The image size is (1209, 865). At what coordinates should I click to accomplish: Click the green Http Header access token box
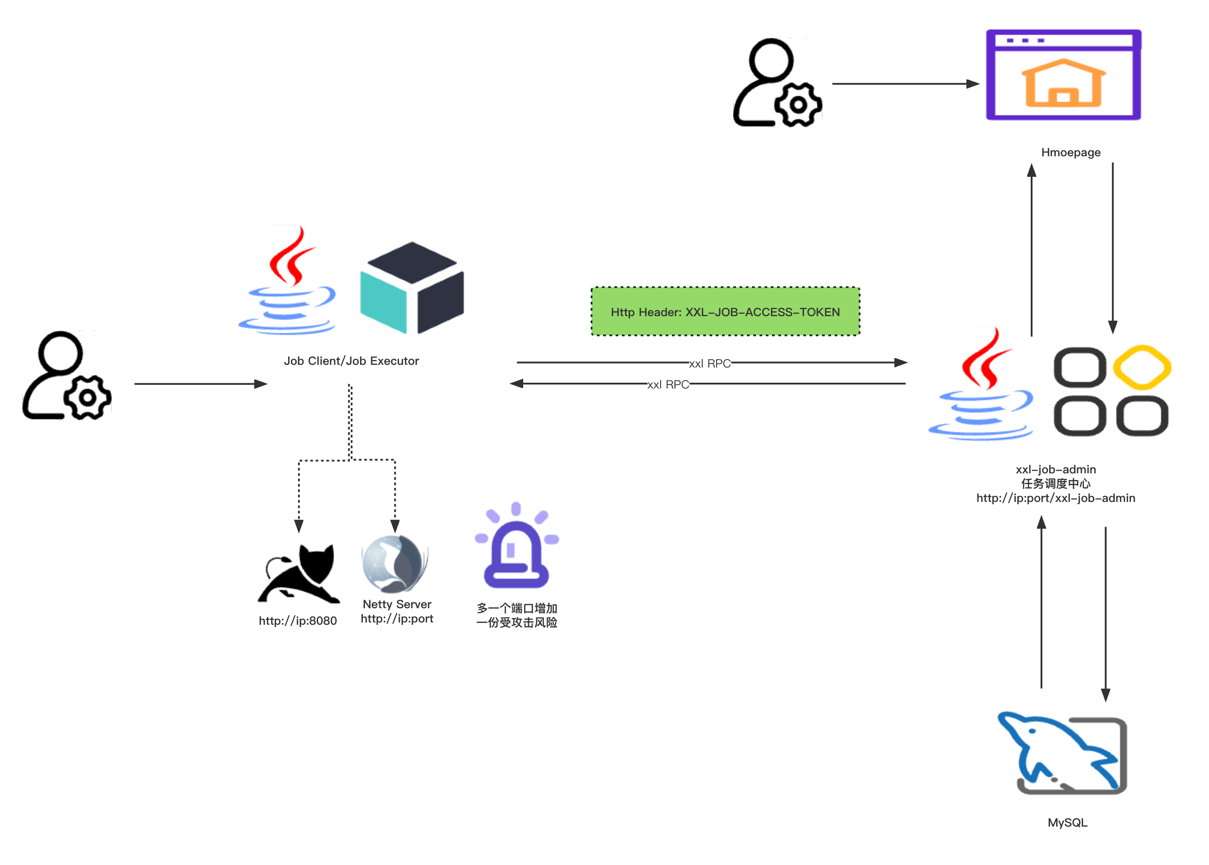[x=725, y=312]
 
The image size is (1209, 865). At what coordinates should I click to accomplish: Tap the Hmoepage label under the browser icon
[x=1070, y=152]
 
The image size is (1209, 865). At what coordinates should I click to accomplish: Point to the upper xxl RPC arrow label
[x=710, y=363]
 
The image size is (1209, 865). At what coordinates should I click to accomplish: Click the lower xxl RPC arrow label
[x=668, y=384]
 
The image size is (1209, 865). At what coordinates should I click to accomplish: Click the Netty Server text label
[x=397, y=605]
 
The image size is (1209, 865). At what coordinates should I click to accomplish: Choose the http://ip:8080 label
[x=298, y=621]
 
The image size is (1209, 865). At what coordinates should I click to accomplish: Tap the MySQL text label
[x=1067, y=823]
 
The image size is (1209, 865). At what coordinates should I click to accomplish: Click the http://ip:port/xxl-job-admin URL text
[x=1056, y=498]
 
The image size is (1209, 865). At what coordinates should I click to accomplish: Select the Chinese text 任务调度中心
[x=1056, y=484]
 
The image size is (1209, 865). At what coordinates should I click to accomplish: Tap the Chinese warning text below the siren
[x=516, y=616]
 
